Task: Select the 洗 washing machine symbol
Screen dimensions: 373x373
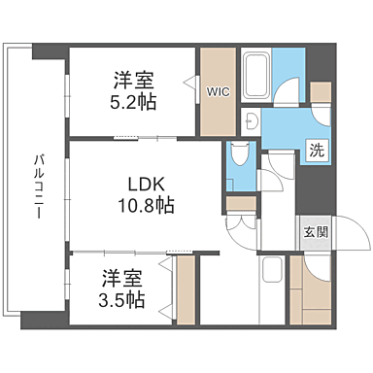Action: [x=318, y=150]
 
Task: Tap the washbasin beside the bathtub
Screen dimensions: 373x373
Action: [x=251, y=119]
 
